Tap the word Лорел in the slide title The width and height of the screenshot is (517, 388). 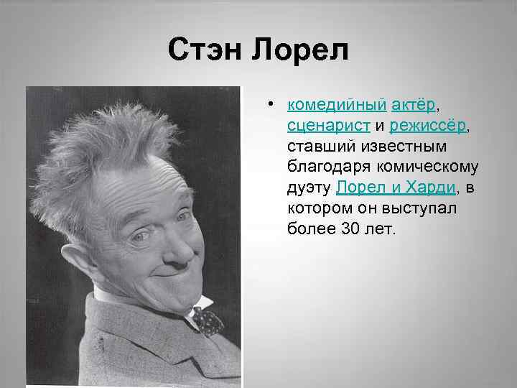click(x=302, y=50)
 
